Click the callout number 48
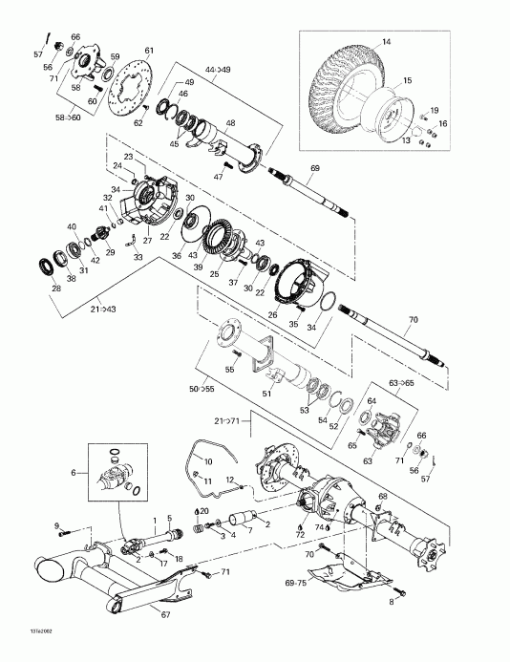[x=228, y=121]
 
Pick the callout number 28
[x=54, y=288]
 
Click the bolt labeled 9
[x=74, y=527]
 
